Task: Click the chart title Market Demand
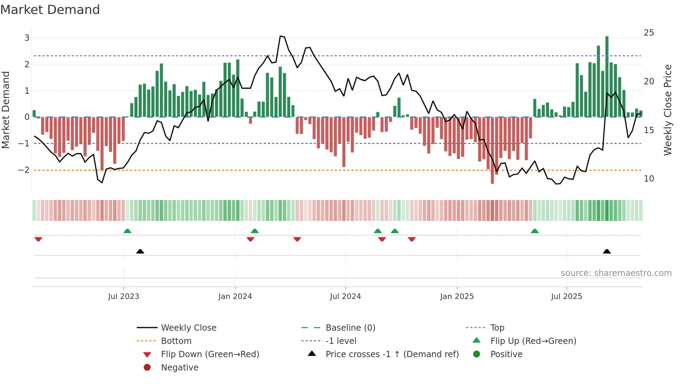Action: coord(50,10)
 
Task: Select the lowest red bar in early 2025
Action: coord(492,150)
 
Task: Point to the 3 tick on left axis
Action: coord(27,38)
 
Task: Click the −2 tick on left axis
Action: coord(24,170)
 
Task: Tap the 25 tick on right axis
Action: coord(649,33)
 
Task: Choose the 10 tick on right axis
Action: coord(649,179)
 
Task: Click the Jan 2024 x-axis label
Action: coord(235,297)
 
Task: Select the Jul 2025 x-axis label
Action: coord(566,297)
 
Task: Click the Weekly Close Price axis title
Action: coord(667,110)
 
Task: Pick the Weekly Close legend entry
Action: coord(188,328)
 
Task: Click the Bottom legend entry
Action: coord(176,341)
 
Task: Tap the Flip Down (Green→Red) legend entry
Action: coord(210,354)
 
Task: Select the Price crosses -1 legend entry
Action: coord(392,354)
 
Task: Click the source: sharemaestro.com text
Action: coord(616,273)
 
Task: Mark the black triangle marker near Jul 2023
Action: coord(140,251)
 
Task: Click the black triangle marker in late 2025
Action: coord(607,251)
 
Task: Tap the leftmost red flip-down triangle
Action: coord(38,239)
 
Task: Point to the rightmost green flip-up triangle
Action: coord(535,231)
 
